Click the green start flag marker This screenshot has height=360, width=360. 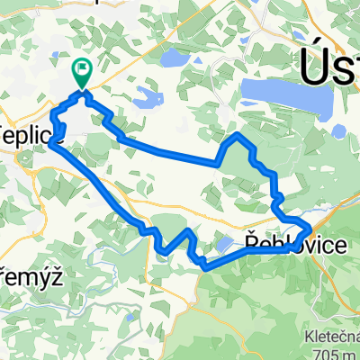pos(83,67)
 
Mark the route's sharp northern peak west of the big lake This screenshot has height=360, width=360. pos(236,134)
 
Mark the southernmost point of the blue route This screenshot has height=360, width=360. pos(206,267)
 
